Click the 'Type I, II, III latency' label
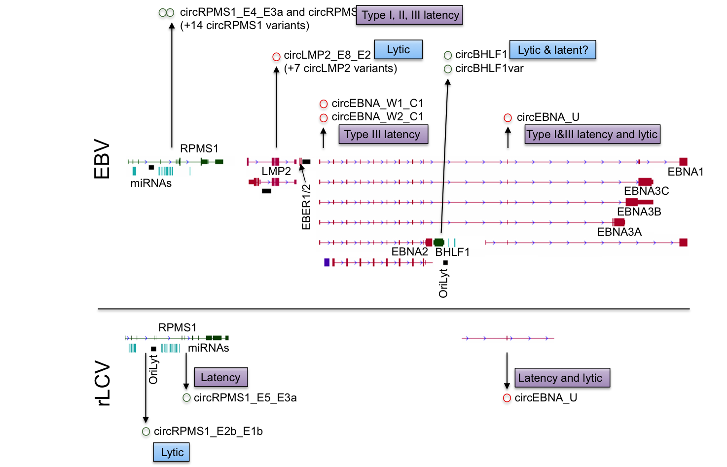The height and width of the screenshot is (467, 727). click(409, 15)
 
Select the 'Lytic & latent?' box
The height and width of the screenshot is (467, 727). click(552, 50)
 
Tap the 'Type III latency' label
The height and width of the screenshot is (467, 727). click(383, 134)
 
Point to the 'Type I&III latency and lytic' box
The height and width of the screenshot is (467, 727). click(592, 134)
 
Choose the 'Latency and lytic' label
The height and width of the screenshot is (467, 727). click(562, 378)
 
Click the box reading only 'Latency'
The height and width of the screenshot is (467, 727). click(220, 377)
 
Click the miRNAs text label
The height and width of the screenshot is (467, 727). click(151, 183)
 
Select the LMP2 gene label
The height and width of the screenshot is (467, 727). click(276, 171)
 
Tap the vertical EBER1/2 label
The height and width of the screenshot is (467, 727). click(306, 207)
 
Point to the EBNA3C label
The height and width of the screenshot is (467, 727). click(646, 191)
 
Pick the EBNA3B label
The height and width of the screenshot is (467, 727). click(639, 212)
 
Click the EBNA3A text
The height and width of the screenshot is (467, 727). click(619, 232)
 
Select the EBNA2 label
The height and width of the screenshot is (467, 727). click(409, 251)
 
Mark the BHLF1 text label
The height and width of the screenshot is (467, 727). click(452, 252)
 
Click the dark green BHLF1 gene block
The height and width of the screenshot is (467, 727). click(439, 242)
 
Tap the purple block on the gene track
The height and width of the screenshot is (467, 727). click(327, 262)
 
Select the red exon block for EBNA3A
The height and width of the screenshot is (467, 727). click(619, 222)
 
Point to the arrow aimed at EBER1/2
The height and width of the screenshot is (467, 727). click(303, 173)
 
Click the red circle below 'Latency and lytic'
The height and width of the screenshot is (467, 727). click(507, 398)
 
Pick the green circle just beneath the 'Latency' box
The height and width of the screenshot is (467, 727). click(186, 397)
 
